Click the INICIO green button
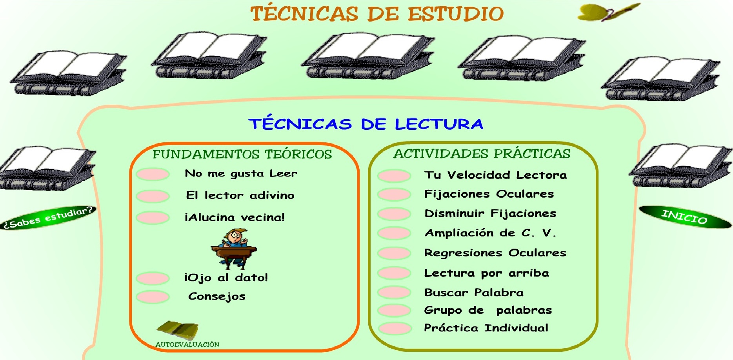(685, 217)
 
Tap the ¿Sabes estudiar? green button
(48, 218)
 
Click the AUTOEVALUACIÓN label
(187, 344)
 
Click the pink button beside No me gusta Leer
(153, 174)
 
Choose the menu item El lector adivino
(240, 195)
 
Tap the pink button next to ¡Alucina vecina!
(153, 217)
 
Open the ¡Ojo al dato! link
(226, 278)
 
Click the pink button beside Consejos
(153, 297)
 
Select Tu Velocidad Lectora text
(495, 175)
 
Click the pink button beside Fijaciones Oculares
(394, 194)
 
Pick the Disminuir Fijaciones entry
(490, 213)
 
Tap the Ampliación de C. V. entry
(490, 233)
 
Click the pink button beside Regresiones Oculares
(394, 253)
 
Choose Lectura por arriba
(486, 273)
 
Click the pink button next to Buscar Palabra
(394, 292)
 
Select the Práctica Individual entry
(486, 328)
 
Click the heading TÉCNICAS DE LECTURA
(366, 124)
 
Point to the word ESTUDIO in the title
(455, 14)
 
